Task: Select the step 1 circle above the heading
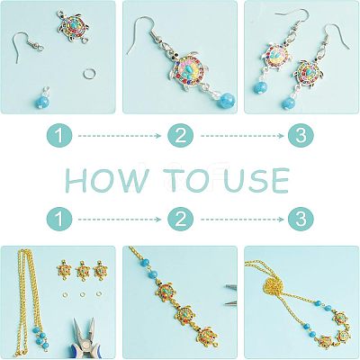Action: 59,136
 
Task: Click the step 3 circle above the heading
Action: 301,136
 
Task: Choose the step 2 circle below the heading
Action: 180,219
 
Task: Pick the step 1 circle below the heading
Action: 59,219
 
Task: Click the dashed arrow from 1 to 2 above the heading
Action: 120,136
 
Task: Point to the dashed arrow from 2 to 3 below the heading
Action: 242,220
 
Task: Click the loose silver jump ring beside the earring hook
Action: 88,73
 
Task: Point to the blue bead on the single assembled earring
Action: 226,99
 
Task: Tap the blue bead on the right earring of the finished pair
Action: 287,102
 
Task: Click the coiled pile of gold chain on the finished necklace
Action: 274,288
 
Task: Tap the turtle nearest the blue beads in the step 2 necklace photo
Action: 166,292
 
